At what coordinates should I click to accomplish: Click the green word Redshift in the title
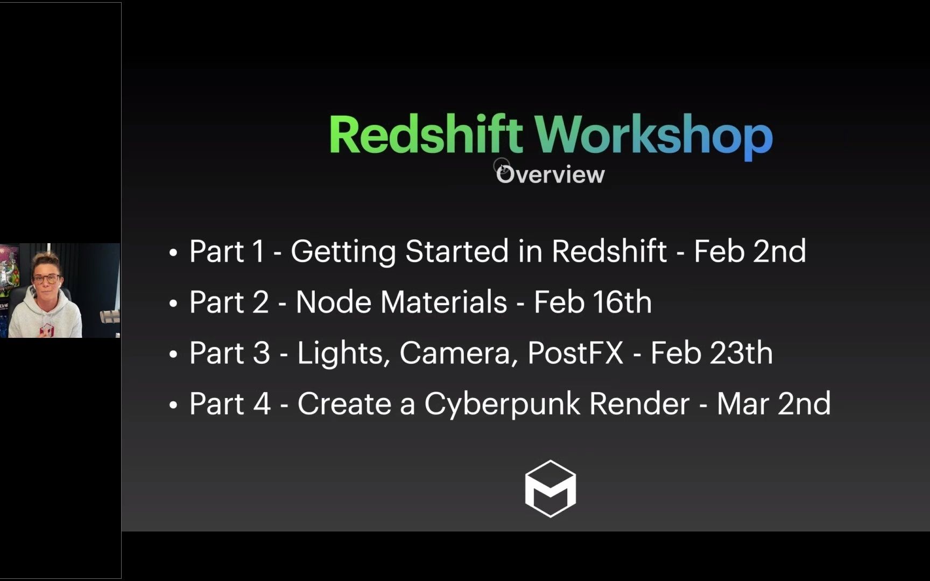[x=425, y=134]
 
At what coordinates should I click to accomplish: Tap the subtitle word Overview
[x=551, y=175]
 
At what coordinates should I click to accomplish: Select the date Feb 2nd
[x=750, y=251]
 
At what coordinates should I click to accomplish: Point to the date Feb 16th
[x=593, y=302]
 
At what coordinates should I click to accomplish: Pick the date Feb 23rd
[x=711, y=353]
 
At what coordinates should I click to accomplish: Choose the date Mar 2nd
[x=773, y=403]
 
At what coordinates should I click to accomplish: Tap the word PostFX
[x=575, y=353]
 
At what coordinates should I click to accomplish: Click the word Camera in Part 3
[x=458, y=353]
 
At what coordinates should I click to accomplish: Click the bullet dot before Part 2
[x=173, y=303]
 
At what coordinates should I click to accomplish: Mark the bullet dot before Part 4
[x=173, y=405]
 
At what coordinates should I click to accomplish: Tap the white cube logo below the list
[x=550, y=488]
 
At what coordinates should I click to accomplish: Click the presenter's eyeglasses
[x=46, y=279]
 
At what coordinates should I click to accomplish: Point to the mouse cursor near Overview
[x=503, y=168]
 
